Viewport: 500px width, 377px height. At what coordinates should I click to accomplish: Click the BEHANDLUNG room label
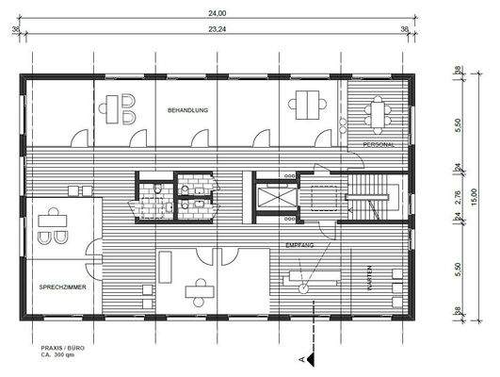click(188, 111)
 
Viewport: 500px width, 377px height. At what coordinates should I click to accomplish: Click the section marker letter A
click(300, 360)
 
